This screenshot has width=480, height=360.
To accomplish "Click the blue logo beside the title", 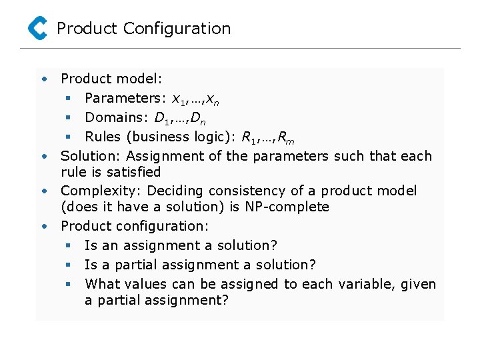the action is click(x=37, y=28).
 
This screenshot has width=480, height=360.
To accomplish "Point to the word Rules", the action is click(x=103, y=137).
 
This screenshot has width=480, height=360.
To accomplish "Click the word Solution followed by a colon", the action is click(x=91, y=156).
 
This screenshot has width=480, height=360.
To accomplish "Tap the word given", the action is click(x=418, y=285).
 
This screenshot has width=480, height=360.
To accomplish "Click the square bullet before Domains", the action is click(x=67, y=117).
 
